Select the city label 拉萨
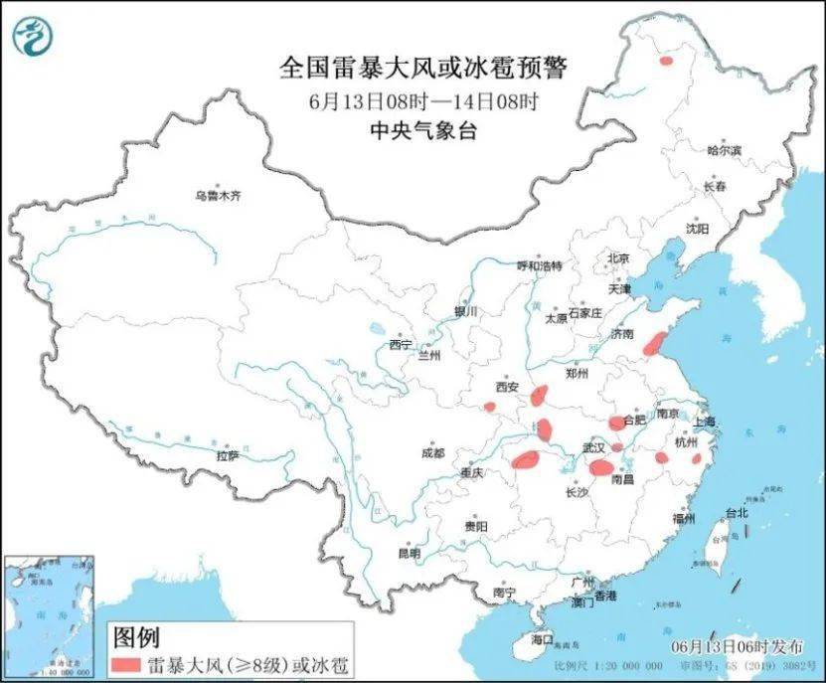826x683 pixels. [x=227, y=455]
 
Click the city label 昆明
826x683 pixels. [x=410, y=553]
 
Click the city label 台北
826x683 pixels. [x=737, y=514]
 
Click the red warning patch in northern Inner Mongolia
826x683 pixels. [x=665, y=61]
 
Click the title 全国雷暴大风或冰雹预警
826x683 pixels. [x=422, y=69]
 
